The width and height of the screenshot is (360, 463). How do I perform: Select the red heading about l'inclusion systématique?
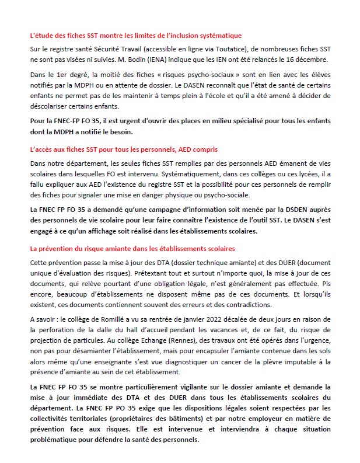pos(135,36)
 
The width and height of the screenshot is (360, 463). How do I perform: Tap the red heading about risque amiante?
pos(131,249)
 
